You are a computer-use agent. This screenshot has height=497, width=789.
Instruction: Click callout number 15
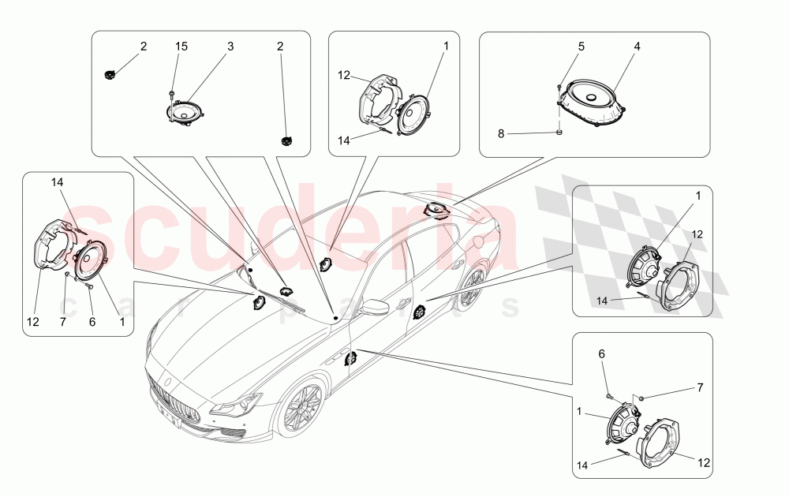click(x=181, y=47)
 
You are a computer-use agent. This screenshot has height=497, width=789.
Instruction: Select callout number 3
click(x=230, y=47)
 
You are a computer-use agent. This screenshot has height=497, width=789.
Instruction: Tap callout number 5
click(x=581, y=47)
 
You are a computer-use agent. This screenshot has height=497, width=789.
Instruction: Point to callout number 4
click(x=637, y=47)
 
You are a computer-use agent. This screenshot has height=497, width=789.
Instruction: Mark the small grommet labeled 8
click(x=559, y=133)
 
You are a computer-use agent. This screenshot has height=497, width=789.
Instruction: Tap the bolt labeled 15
click(x=170, y=95)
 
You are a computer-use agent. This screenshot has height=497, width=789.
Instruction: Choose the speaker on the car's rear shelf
click(x=436, y=210)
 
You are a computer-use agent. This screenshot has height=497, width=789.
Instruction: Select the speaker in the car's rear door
click(x=417, y=313)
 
